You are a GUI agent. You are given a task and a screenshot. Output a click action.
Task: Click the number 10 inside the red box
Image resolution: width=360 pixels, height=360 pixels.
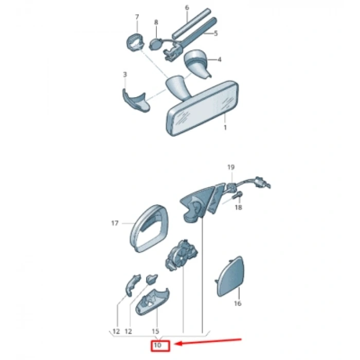pos(157,345)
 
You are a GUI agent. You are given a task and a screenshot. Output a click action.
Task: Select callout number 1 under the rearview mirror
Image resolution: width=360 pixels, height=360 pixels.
pos(225,127)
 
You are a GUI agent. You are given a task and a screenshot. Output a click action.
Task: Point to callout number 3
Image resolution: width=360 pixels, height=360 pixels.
pos(125,75)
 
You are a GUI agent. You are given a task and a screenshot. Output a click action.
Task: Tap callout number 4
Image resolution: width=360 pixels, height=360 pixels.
pos(219,60)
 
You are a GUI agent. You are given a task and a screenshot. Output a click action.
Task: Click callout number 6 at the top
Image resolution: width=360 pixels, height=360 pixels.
pos(187,8)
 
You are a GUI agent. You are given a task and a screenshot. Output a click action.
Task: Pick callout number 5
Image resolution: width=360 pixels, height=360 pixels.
pos(215,33)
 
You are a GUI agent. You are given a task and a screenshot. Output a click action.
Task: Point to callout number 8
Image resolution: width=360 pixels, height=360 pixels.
pos(156,22)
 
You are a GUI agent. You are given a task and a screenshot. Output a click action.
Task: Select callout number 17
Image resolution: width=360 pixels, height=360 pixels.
pos(115,223)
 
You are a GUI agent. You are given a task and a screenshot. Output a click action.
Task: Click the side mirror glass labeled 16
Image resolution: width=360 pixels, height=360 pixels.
pos(230,277)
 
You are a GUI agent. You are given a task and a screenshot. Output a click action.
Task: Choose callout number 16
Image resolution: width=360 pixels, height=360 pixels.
pos(238,303)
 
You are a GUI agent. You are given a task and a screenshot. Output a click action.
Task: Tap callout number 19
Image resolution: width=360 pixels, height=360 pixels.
pos(231,167)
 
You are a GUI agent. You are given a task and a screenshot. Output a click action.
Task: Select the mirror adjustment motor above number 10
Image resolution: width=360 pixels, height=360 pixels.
pos(182,255)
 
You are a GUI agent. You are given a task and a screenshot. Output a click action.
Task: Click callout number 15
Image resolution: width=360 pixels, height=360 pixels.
pos(155,331)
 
